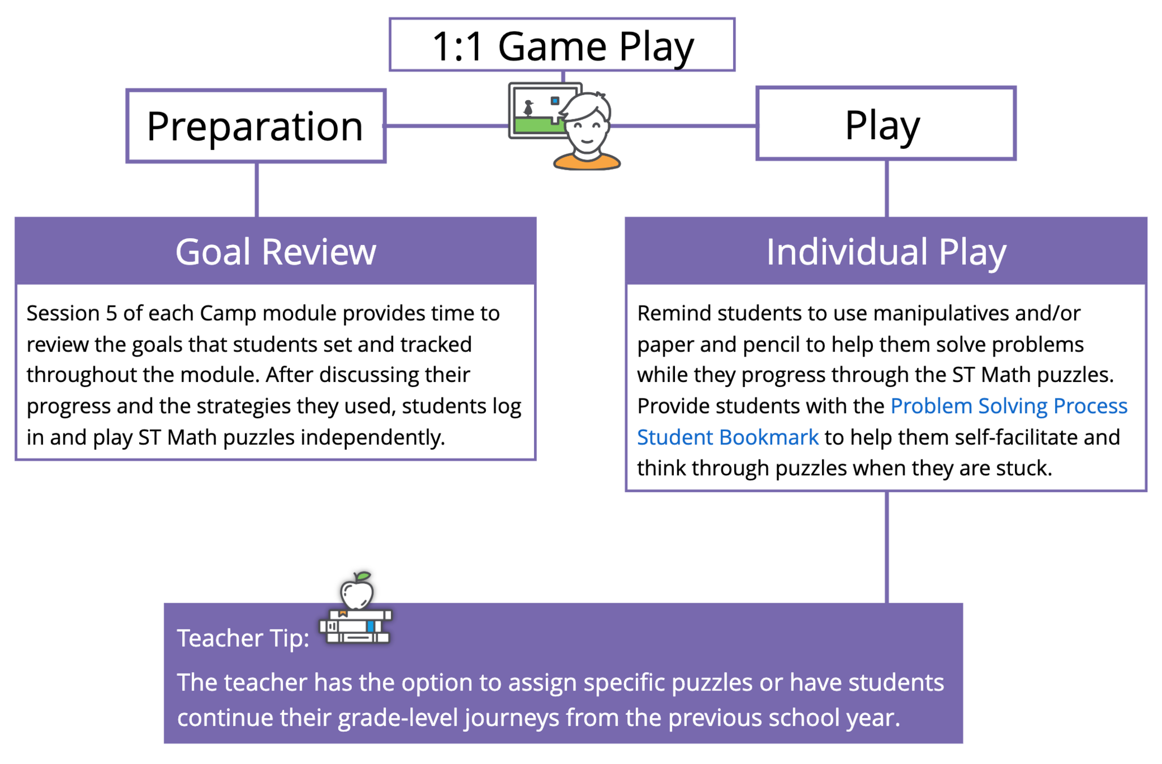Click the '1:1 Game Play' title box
point(562,45)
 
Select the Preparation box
point(256,126)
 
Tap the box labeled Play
point(885,124)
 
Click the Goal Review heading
point(276,251)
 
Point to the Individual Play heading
point(885,251)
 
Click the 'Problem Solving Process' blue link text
point(1008,406)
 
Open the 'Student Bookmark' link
point(728,437)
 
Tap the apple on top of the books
point(356,591)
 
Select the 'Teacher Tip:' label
point(243,638)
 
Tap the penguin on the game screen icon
point(528,108)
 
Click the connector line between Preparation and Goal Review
point(257,190)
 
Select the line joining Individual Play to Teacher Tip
point(886,546)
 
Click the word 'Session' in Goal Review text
point(62,313)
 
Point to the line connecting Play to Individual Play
point(886,188)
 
